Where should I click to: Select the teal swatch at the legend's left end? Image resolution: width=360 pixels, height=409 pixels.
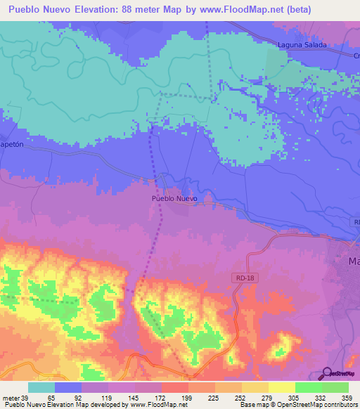[41, 387]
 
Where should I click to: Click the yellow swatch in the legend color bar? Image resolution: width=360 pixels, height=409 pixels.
[281, 387]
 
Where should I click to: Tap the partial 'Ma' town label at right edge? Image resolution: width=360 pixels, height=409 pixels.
[354, 261]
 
